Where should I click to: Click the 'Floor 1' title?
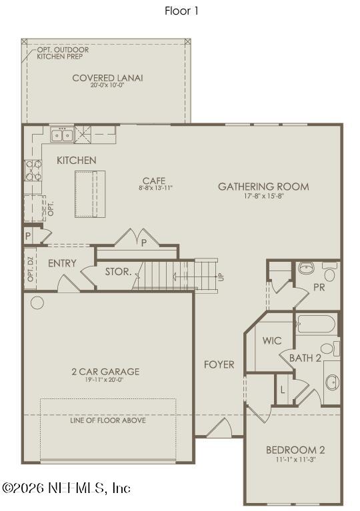[181, 11]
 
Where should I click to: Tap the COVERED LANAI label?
[107, 78]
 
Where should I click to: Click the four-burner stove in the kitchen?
[33, 171]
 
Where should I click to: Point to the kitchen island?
[90, 194]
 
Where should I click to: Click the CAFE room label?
[154, 181]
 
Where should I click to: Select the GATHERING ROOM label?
[263, 187]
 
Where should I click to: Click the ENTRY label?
[62, 263]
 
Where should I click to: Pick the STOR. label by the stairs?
[119, 272]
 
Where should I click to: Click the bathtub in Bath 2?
[315, 323]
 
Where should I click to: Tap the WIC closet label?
[272, 341]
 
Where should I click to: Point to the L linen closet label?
[283, 390]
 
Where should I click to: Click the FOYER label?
[219, 364]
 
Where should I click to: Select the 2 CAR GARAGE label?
[105, 372]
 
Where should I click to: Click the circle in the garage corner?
[37, 302]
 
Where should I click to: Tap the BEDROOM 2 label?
[295, 450]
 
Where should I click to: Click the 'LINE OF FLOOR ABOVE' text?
[108, 420]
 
